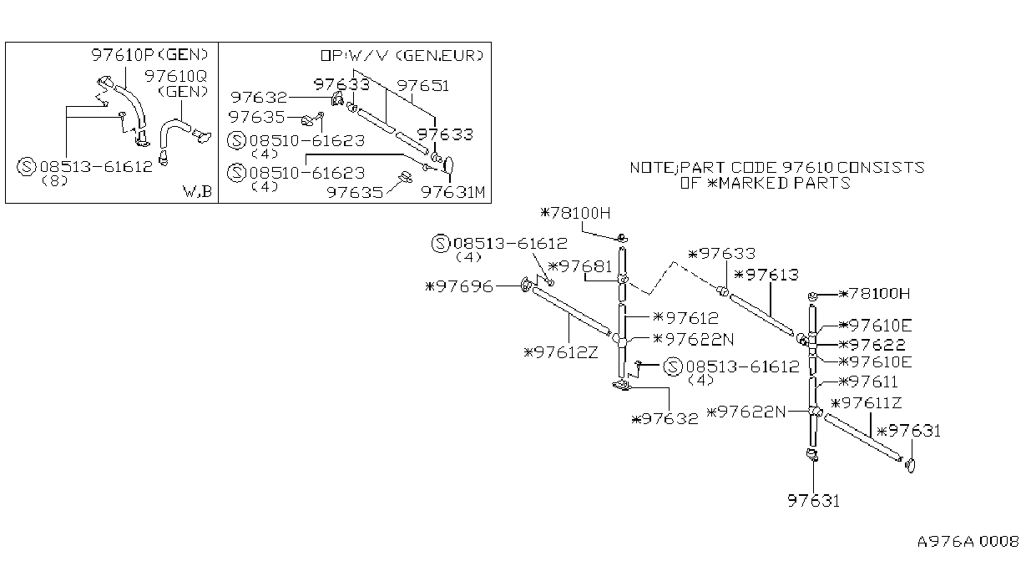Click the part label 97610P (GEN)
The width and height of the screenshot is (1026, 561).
[x=149, y=55]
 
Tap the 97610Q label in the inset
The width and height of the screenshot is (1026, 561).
[x=176, y=76]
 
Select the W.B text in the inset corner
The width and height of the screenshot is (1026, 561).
[x=197, y=191]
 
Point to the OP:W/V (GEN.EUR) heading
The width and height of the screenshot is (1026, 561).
[x=402, y=56]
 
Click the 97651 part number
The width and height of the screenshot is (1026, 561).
[x=422, y=86]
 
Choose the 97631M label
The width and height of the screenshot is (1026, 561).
[x=453, y=192]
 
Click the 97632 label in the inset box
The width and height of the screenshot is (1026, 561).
[x=259, y=98]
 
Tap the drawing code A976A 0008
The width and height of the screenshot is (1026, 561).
[x=968, y=542]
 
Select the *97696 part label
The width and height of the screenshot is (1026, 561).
[x=459, y=286]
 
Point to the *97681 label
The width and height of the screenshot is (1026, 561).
[x=580, y=266]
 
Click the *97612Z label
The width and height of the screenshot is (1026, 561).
[x=561, y=352]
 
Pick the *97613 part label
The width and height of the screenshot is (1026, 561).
[x=766, y=275]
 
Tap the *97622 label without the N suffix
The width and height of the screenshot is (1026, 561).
[x=872, y=345]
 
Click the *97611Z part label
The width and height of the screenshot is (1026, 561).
[x=867, y=403]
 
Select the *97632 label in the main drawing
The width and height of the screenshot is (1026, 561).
[x=665, y=419]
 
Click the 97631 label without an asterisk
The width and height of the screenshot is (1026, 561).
[x=813, y=501]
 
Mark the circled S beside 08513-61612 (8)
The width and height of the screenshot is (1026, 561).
[x=26, y=167]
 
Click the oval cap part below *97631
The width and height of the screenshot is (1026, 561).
[x=910, y=465]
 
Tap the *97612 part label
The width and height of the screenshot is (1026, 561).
[x=685, y=318]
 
